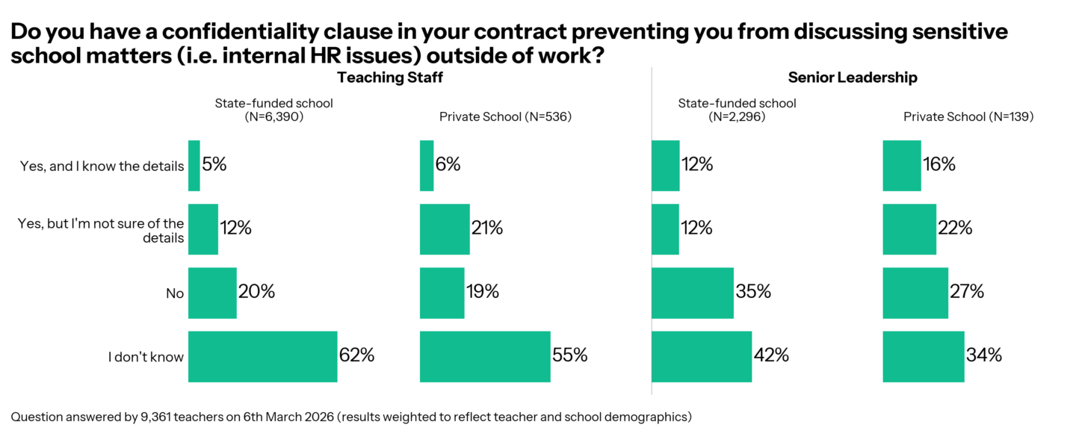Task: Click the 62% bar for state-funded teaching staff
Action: point(262,356)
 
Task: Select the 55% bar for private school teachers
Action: point(485,356)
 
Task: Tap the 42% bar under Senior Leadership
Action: point(702,356)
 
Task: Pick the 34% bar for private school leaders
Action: point(924,356)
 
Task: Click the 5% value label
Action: point(214,165)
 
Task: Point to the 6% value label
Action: point(448,165)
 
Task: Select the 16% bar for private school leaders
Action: point(902,165)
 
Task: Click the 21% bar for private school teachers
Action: point(445,228)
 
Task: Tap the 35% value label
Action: point(753,292)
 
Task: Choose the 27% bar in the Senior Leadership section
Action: point(915,293)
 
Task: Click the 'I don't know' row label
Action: point(146,357)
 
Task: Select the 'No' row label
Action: point(175,293)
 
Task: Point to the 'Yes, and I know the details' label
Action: point(102,166)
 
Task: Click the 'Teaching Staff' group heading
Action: point(385,78)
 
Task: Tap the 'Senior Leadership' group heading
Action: point(853,78)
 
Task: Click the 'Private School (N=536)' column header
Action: point(505,116)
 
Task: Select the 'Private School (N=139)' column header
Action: point(968,116)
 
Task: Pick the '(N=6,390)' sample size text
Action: point(273,116)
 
